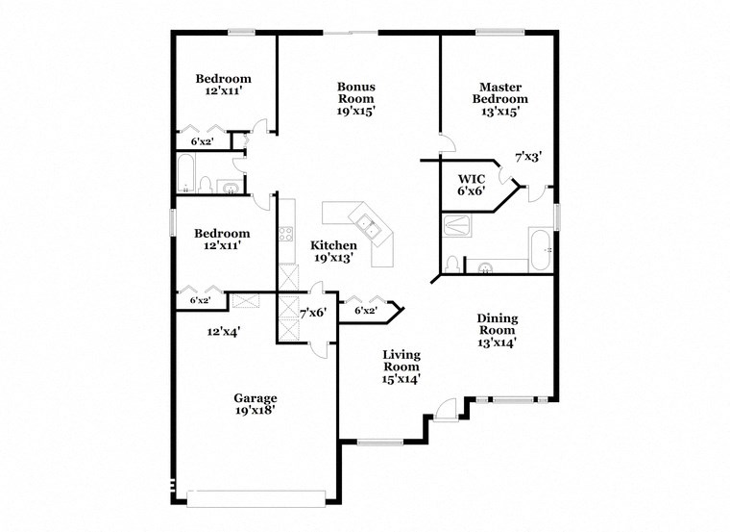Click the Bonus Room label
(355, 98)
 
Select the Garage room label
(255, 405)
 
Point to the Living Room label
(401, 367)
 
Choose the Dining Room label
(498, 330)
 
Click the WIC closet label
(471, 185)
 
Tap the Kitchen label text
(333, 251)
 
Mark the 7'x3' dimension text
(529, 156)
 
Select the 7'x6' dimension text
(314, 313)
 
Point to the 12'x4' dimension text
(223, 332)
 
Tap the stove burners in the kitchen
(285, 233)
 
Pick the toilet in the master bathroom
(450, 263)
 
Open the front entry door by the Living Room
(445, 411)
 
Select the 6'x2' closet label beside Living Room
(365, 311)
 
